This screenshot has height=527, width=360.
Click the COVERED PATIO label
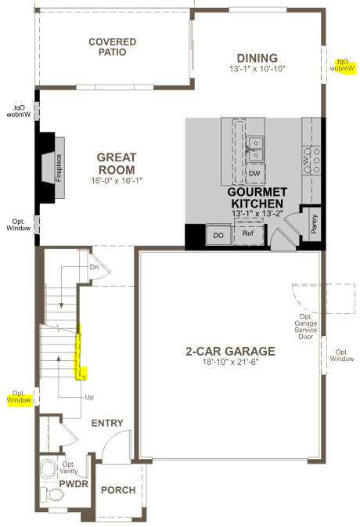[112, 46]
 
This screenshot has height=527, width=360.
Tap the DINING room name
[257, 58]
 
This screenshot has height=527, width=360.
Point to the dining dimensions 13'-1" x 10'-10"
[257, 69]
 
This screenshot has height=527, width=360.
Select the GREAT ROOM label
[116, 163]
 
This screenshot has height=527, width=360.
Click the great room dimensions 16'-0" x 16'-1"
[116, 180]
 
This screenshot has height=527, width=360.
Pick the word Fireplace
[59, 168]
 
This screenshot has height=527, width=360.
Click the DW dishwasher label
[254, 174]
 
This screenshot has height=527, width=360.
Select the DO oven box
[218, 234]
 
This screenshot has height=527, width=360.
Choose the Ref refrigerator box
[248, 233]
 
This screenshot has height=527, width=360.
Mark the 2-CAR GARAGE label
[230, 351]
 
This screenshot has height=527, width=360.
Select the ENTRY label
[107, 423]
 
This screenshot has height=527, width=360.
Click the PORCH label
[118, 490]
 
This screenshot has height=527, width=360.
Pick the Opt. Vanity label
[74, 468]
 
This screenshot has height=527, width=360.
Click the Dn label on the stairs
[94, 267]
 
